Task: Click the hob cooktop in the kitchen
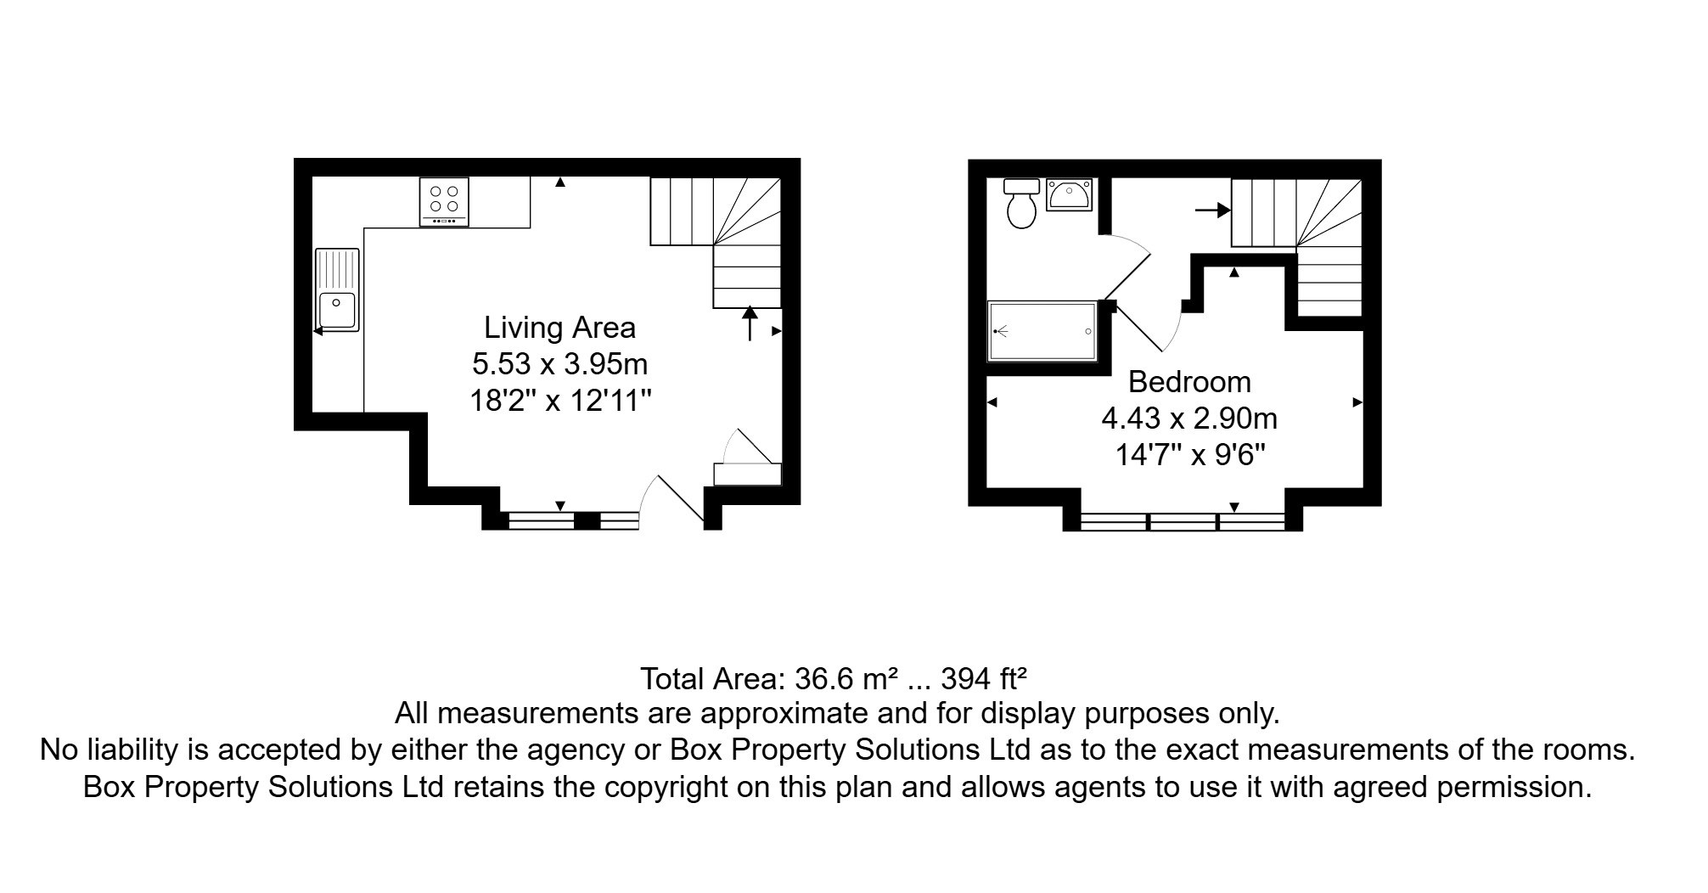[444, 201]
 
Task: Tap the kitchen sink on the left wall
[337, 289]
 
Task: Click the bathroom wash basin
[1069, 195]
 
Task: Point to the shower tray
[1042, 331]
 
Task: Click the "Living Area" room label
[559, 328]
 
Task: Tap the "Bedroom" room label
[1189, 382]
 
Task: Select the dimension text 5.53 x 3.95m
[559, 364]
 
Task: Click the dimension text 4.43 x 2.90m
[1189, 418]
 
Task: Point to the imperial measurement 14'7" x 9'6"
[1189, 455]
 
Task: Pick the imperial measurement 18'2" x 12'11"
[560, 400]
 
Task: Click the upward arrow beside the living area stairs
[750, 323]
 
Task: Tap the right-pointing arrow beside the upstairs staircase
[1212, 210]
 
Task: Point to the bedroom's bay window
[1183, 521]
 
